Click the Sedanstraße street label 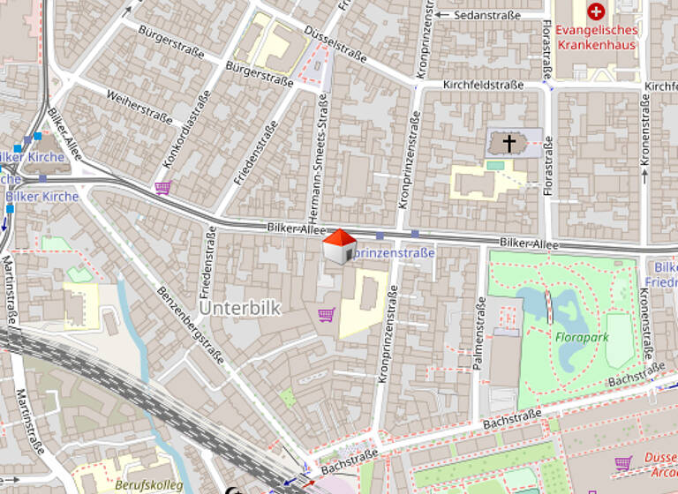[x=486, y=15]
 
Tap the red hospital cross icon [x=597, y=11]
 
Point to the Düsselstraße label [x=335, y=43]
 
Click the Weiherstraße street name [x=139, y=104]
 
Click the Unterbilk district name [x=239, y=309]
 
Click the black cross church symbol [x=509, y=142]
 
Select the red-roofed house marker [x=338, y=246]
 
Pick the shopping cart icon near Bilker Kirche [x=162, y=187]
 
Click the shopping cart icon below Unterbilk [x=326, y=313]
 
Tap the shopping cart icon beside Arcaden [x=623, y=461]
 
